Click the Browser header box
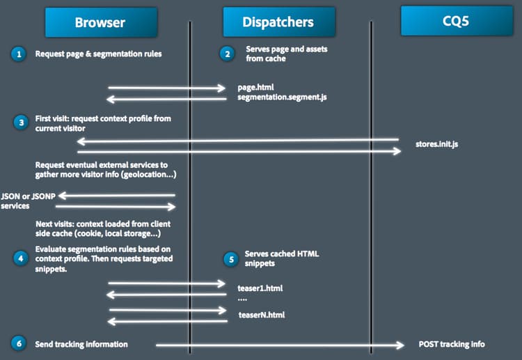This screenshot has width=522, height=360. coord(100,22)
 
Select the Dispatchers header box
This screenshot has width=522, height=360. coord(278,22)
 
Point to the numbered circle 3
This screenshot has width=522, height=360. coord(20,123)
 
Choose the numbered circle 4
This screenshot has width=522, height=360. coord(20,257)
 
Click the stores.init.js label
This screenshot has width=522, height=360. coord(435,144)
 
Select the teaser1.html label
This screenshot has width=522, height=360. coord(260,287)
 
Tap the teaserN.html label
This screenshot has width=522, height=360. coord(261,315)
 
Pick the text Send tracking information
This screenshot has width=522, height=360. coord(81,344)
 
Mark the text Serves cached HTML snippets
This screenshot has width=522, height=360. coord(281,258)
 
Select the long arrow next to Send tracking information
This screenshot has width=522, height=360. coord(279,345)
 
